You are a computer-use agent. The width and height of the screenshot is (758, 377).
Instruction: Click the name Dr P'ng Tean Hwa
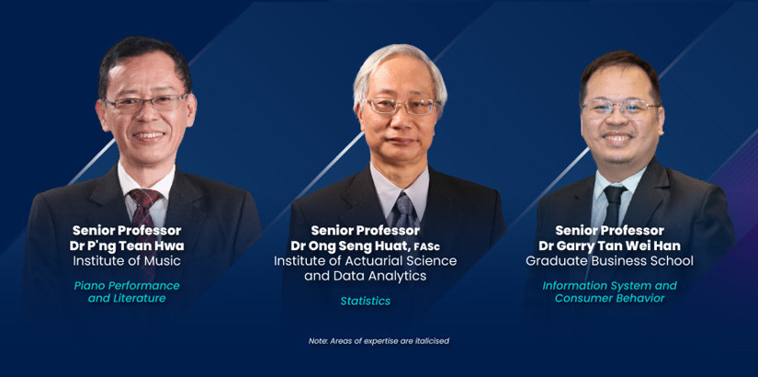coord(127,246)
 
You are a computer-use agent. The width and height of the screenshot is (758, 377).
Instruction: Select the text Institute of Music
coord(127,261)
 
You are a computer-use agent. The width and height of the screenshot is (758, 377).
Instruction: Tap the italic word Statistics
coord(366,301)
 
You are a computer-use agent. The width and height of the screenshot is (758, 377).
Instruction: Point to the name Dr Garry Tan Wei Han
coord(609,246)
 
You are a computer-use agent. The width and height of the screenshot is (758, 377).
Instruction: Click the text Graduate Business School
coord(609,261)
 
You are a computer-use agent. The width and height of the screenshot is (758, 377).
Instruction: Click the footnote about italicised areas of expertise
coord(379,341)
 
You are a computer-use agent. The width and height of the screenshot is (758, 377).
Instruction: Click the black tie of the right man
coord(614,206)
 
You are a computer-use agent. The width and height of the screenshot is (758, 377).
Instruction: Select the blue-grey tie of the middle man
coord(404,209)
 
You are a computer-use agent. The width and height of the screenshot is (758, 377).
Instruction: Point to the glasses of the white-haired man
coord(401,106)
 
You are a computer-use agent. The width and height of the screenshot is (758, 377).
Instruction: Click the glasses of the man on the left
coord(145,103)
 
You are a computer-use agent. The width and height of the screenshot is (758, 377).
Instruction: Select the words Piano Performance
coord(127,286)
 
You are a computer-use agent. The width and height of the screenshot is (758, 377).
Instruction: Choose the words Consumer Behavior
coord(609,298)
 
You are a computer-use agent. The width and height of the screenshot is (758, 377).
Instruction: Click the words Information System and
coord(609,286)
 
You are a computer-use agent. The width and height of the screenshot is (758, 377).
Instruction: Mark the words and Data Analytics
coord(366,276)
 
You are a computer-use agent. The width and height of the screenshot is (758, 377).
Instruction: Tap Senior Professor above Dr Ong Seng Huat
coord(366,231)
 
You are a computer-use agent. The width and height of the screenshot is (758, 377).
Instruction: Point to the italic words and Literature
coord(127,298)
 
